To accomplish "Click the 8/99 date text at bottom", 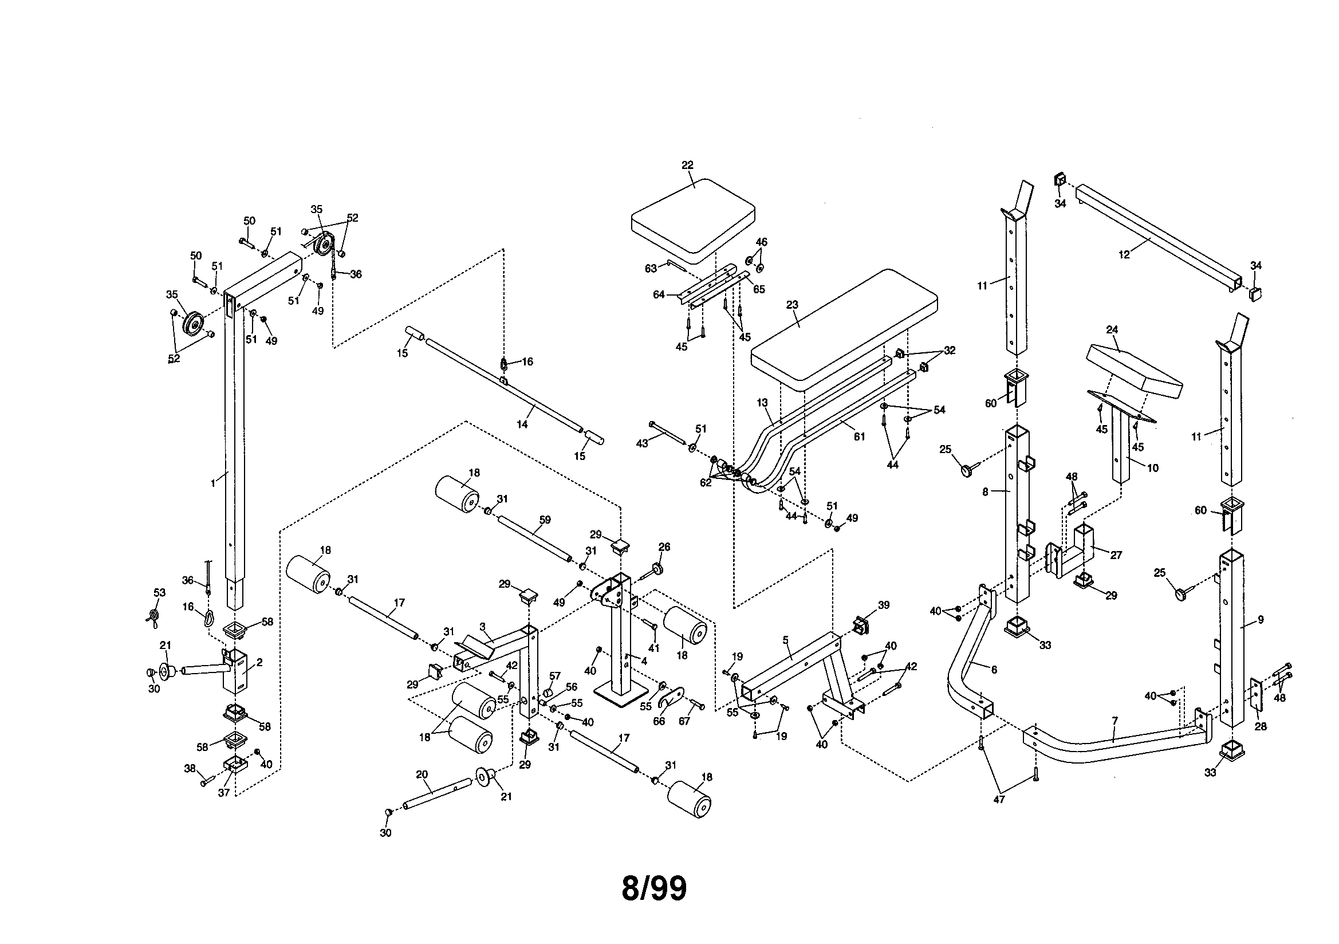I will coord(654,888).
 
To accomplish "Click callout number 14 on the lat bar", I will coord(522,424).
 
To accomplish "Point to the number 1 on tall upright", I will coord(212,483).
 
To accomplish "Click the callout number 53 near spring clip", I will coord(159,592).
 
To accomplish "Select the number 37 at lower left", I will coord(223,793).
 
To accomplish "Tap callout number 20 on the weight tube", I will coord(422,775).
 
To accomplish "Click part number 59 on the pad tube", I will coord(545,520).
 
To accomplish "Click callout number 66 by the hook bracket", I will coord(659,721).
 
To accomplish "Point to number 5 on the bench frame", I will coord(786,640).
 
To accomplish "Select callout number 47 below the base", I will coord(999,799).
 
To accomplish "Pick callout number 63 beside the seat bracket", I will coord(651,268).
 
